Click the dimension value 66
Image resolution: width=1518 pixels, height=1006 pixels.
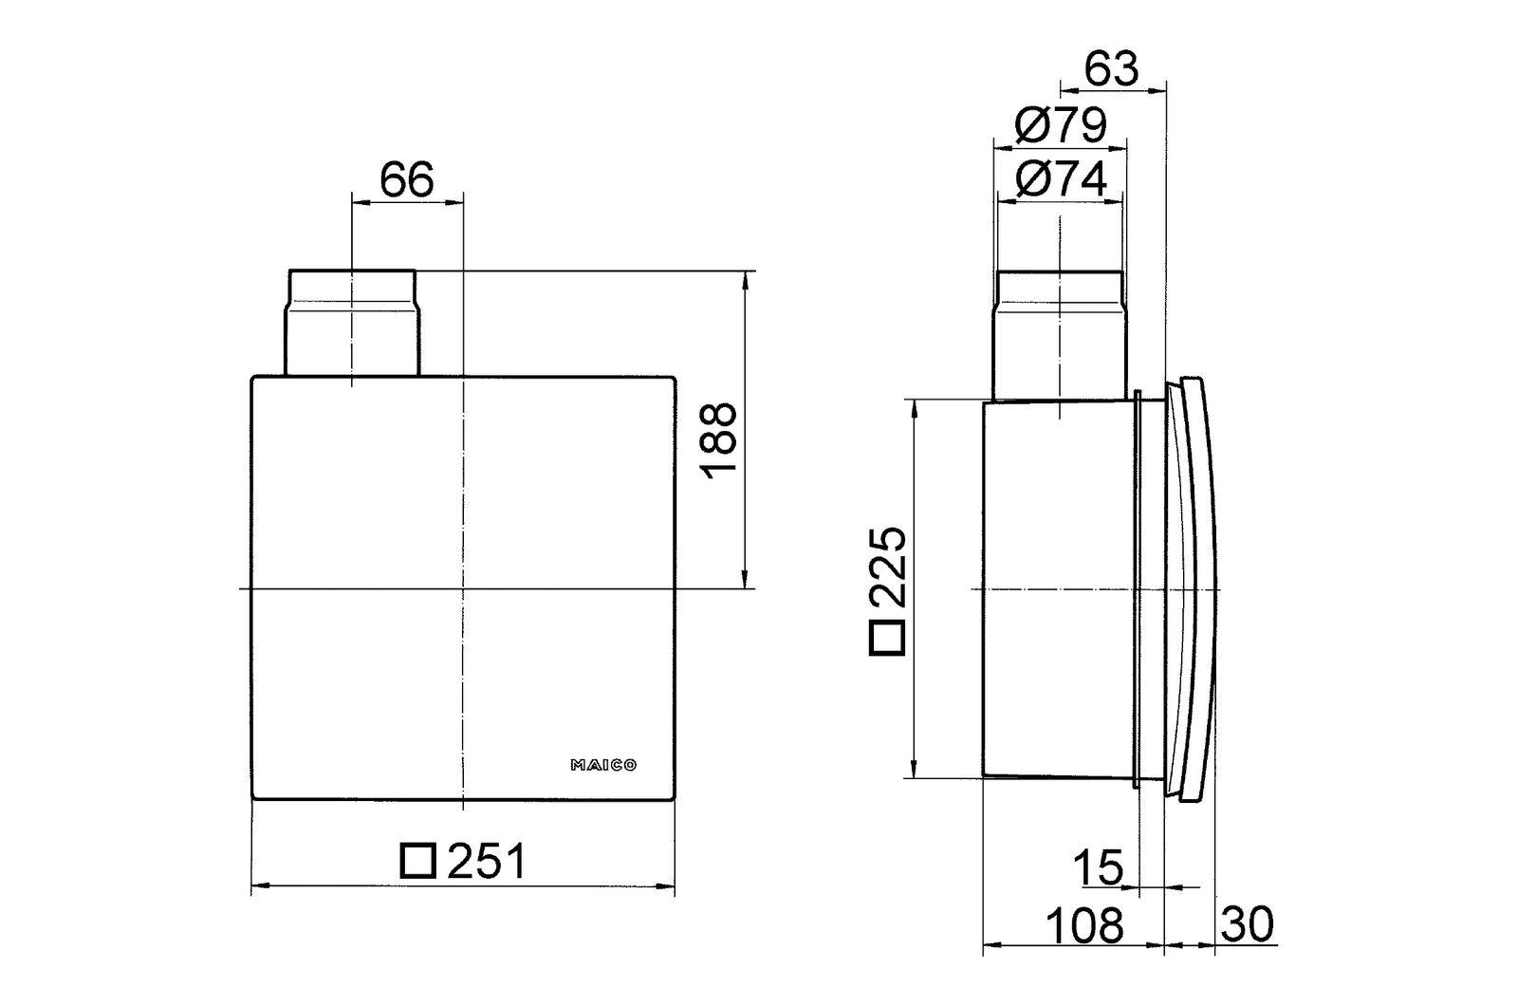pos(407,179)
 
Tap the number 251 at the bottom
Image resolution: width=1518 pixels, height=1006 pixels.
pos(485,862)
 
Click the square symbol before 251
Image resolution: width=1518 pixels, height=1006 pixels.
pos(417,861)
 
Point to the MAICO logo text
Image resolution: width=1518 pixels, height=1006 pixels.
pos(602,764)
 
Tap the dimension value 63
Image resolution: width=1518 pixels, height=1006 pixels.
pos(1111,68)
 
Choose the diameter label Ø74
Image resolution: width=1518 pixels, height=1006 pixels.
pos(1060,179)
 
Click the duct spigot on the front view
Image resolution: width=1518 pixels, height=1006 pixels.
pos(350,323)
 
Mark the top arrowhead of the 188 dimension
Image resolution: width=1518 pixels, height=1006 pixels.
pos(747,278)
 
